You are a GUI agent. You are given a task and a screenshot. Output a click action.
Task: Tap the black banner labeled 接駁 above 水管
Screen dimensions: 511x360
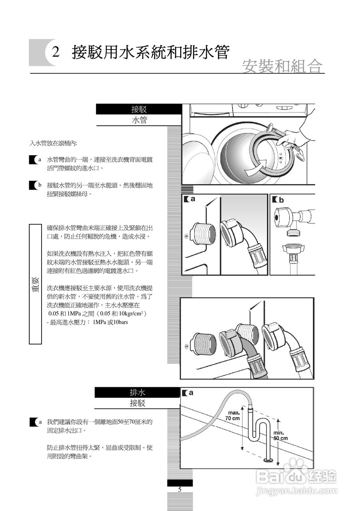pyautogui.click(x=139, y=109)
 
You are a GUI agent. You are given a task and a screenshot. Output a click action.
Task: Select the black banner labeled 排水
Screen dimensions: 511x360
pyautogui.click(x=137, y=392)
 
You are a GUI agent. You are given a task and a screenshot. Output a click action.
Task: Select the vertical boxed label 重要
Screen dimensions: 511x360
pyautogui.click(x=36, y=284)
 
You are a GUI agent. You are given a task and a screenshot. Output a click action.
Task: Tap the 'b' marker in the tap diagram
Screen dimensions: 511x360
pyautogui.click(x=281, y=200)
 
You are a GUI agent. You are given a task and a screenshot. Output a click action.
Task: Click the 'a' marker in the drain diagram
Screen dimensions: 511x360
pyautogui.click(x=191, y=392)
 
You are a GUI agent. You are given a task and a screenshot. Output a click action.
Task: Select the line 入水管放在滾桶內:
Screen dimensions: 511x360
pyautogui.click(x=53, y=143)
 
